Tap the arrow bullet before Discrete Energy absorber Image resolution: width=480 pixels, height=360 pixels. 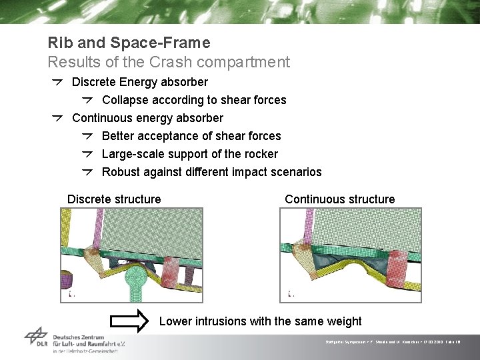[x=59, y=82]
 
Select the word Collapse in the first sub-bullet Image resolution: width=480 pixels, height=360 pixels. [x=125, y=100]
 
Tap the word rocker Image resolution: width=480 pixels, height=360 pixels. [x=260, y=154]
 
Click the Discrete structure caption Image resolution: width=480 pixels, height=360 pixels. [x=114, y=199]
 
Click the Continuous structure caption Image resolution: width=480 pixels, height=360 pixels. [x=339, y=199]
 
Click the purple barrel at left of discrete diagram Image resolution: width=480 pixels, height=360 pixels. [x=66, y=281]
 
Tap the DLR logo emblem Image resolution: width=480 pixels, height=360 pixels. [x=36, y=337]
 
